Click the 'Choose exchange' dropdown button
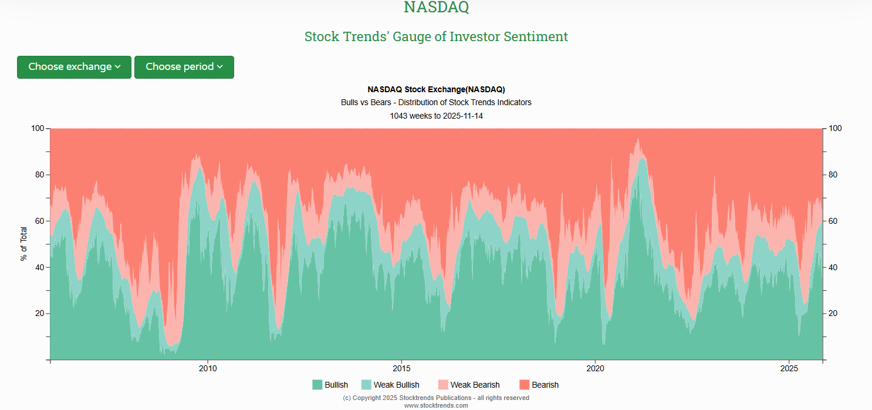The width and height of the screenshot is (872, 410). (74, 67)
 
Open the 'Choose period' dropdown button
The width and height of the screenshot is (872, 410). (184, 67)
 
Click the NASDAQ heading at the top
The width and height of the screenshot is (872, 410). (436, 8)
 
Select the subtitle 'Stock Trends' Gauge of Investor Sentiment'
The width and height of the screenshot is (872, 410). (436, 36)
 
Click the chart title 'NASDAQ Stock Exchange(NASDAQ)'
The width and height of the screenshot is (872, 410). (436, 89)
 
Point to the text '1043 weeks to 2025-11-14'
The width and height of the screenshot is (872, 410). (436, 116)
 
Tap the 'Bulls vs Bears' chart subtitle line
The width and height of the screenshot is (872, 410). (436, 102)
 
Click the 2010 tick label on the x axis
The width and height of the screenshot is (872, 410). (208, 369)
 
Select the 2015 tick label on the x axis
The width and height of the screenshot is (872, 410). (401, 369)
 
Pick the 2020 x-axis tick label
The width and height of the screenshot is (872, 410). (595, 369)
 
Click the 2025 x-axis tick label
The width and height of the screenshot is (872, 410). (789, 369)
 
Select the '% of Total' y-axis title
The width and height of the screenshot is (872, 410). (24, 244)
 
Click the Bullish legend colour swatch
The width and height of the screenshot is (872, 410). (317, 385)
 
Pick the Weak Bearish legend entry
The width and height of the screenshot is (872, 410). (469, 385)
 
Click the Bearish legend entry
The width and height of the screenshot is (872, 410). (539, 385)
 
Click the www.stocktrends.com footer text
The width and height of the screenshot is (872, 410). (436, 405)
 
